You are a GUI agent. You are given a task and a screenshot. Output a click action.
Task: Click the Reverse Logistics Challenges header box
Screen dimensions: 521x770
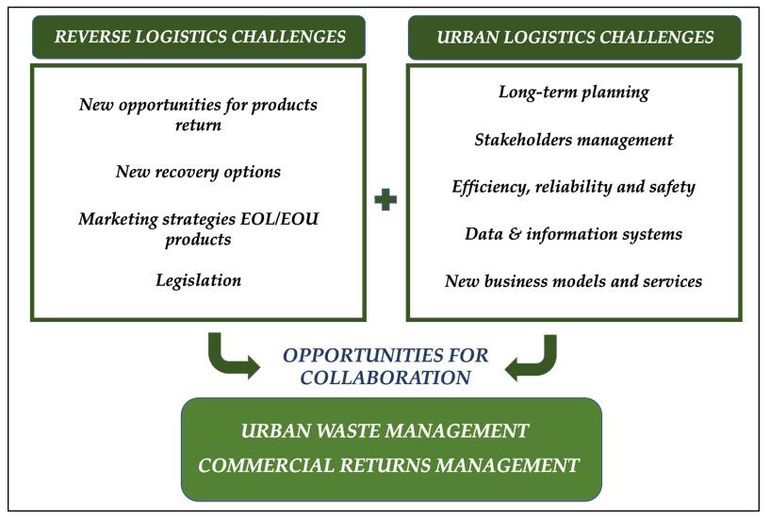point(199,38)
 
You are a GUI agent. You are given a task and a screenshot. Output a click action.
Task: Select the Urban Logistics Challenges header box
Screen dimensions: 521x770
point(574,38)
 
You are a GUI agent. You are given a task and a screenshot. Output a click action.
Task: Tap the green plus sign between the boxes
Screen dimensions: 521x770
point(385,200)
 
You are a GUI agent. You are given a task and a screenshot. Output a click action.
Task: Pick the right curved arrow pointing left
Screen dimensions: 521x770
point(533,357)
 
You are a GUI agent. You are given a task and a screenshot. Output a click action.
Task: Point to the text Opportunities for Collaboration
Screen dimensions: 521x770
point(385,366)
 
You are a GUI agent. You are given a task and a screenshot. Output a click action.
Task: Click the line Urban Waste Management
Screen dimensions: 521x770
point(385,431)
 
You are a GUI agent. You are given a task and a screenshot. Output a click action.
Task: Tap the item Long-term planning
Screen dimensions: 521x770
point(573,92)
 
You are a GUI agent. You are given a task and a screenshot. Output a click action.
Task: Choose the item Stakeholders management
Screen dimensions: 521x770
point(573,140)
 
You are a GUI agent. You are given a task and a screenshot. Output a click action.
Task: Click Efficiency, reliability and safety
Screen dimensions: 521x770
point(573,186)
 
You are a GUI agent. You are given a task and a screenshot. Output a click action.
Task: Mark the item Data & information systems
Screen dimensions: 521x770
point(573,233)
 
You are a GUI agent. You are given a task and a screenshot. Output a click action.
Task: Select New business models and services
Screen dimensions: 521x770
point(573,280)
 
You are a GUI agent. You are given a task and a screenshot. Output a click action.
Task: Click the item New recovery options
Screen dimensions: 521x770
point(198,172)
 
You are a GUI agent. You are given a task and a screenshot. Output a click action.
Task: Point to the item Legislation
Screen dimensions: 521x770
point(198,280)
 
